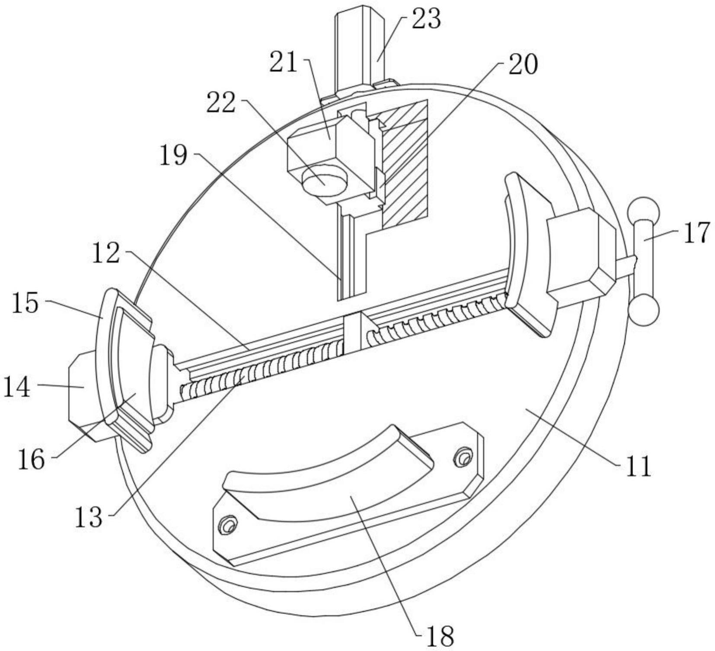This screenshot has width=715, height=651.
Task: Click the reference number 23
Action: click(426, 19)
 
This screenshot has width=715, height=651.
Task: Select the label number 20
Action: click(523, 65)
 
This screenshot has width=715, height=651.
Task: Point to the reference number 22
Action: click(221, 103)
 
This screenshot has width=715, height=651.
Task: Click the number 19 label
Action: click(174, 156)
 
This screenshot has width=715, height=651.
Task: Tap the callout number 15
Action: click(26, 303)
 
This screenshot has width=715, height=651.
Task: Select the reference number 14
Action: click(17, 386)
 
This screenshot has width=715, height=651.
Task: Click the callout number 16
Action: click(31, 459)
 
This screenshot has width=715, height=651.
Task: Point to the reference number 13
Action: click(89, 517)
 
